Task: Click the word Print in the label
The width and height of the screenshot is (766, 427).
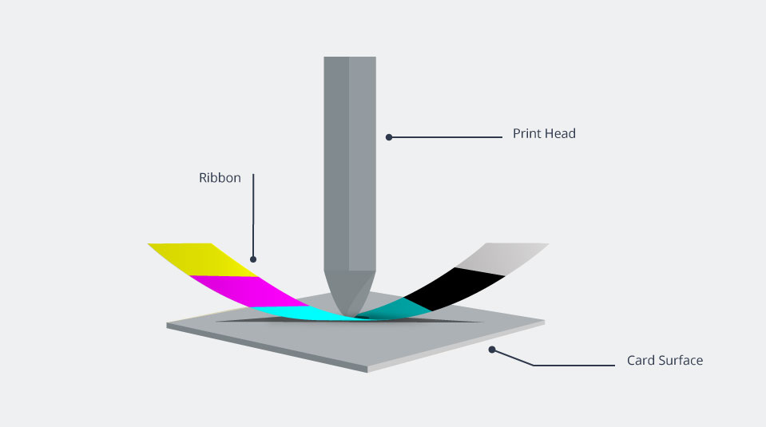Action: [527, 133]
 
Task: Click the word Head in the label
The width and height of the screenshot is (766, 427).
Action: [561, 133]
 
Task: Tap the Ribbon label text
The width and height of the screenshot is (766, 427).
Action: [220, 178]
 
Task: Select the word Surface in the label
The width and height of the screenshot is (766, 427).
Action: [681, 360]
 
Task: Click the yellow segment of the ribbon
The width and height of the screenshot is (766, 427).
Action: [203, 259]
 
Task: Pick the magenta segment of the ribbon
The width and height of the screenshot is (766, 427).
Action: [249, 291]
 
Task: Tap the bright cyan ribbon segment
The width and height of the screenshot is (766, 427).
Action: [303, 314]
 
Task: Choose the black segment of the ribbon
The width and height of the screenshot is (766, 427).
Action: [454, 288]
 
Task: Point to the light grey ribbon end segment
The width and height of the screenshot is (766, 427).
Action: [503, 258]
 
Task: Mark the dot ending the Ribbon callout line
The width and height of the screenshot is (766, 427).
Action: [253, 259]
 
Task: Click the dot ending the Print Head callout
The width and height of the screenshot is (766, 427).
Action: [389, 137]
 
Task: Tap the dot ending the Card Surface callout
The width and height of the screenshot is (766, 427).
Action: [492, 350]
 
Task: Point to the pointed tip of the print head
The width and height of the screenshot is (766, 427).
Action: [350, 315]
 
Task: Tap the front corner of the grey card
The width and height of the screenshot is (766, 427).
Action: [367, 371]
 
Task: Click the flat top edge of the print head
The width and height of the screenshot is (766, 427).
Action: [350, 57]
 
